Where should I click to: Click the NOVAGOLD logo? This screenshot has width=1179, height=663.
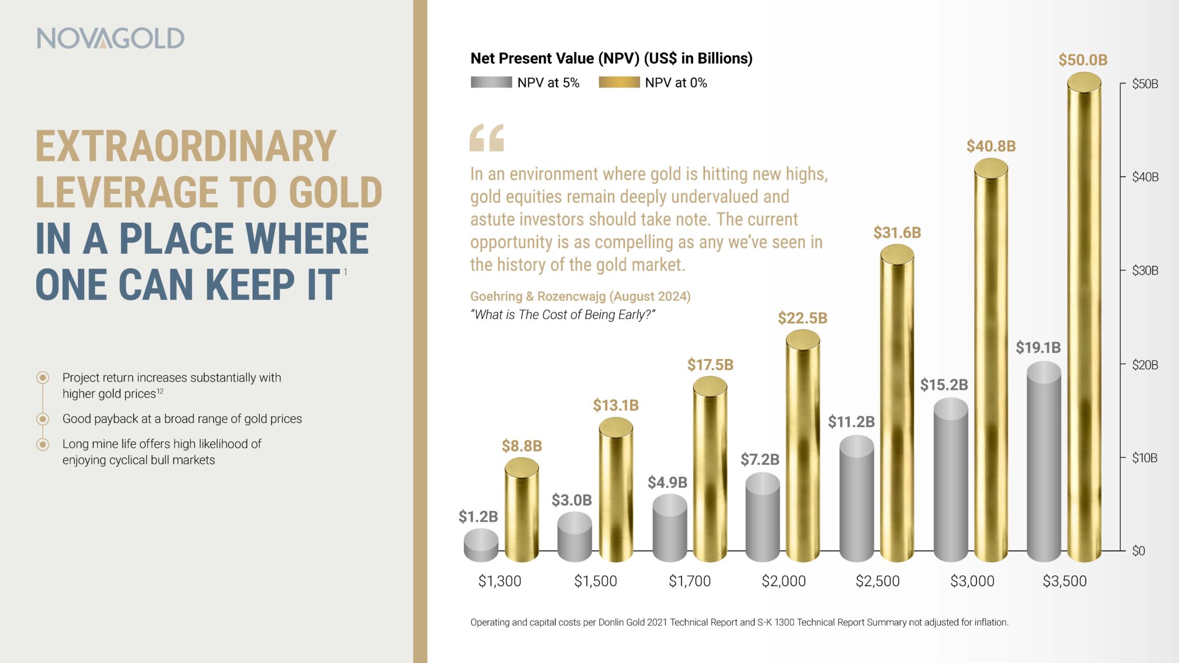[111, 38]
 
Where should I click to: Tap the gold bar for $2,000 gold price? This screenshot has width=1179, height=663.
[803, 449]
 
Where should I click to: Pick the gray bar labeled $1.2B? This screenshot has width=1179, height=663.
[481, 546]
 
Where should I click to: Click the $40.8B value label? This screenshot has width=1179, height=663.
[991, 146]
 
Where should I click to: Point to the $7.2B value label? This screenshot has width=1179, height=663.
[760, 459]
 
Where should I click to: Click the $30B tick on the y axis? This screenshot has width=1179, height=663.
[1144, 270]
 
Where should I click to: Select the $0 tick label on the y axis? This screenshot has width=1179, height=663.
[1138, 551]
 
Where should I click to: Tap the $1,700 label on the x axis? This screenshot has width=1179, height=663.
[690, 581]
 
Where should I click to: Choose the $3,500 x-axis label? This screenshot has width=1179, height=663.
[1064, 581]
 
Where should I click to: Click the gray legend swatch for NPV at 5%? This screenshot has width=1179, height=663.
[491, 82]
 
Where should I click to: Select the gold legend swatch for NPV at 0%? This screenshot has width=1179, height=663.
[619, 82]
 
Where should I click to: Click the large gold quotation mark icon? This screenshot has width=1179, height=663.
[486, 138]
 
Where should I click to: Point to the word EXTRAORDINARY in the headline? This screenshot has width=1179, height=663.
[186, 146]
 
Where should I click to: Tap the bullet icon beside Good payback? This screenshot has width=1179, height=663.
[43, 419]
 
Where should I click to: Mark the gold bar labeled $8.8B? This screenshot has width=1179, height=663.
[522, 512]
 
